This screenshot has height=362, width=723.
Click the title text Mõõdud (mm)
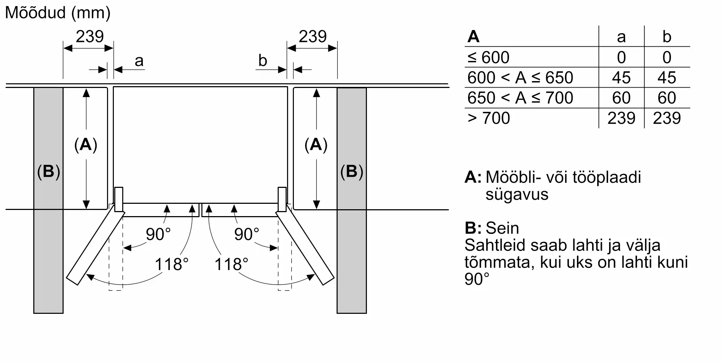pos(58,13)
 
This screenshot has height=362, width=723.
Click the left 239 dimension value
pos(90,37)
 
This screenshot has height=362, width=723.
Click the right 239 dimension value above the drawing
pos(313,37)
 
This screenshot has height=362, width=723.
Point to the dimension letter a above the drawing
pos(139,61)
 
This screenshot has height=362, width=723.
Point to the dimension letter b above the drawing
pos(263,60)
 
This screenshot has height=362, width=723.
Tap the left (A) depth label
pos(86,145)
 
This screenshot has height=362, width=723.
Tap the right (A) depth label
pos(316,145)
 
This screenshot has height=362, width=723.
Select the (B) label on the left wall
pos(48,171)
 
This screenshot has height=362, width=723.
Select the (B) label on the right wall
pos(352,171)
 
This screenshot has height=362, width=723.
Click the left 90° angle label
pos(158,234)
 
